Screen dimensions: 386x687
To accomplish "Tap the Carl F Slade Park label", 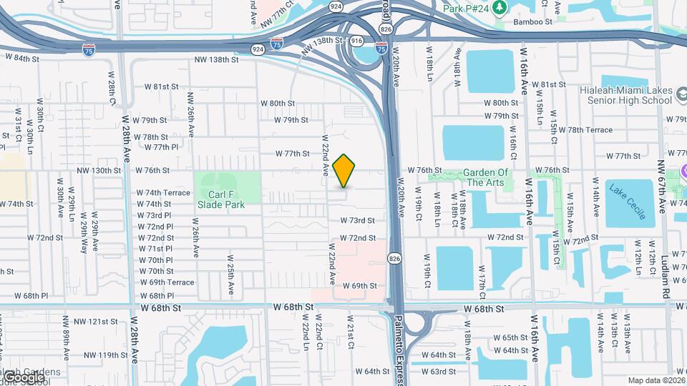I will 221,199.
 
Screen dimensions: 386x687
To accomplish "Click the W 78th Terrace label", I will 580,130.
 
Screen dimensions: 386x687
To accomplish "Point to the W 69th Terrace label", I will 167,283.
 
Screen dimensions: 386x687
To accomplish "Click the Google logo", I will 24,377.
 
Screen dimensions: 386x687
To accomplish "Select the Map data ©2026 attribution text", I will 656,380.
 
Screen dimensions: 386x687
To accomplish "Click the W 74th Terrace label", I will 163,193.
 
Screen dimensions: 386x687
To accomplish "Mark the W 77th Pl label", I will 161,147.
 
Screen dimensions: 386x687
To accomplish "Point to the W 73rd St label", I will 358,221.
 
